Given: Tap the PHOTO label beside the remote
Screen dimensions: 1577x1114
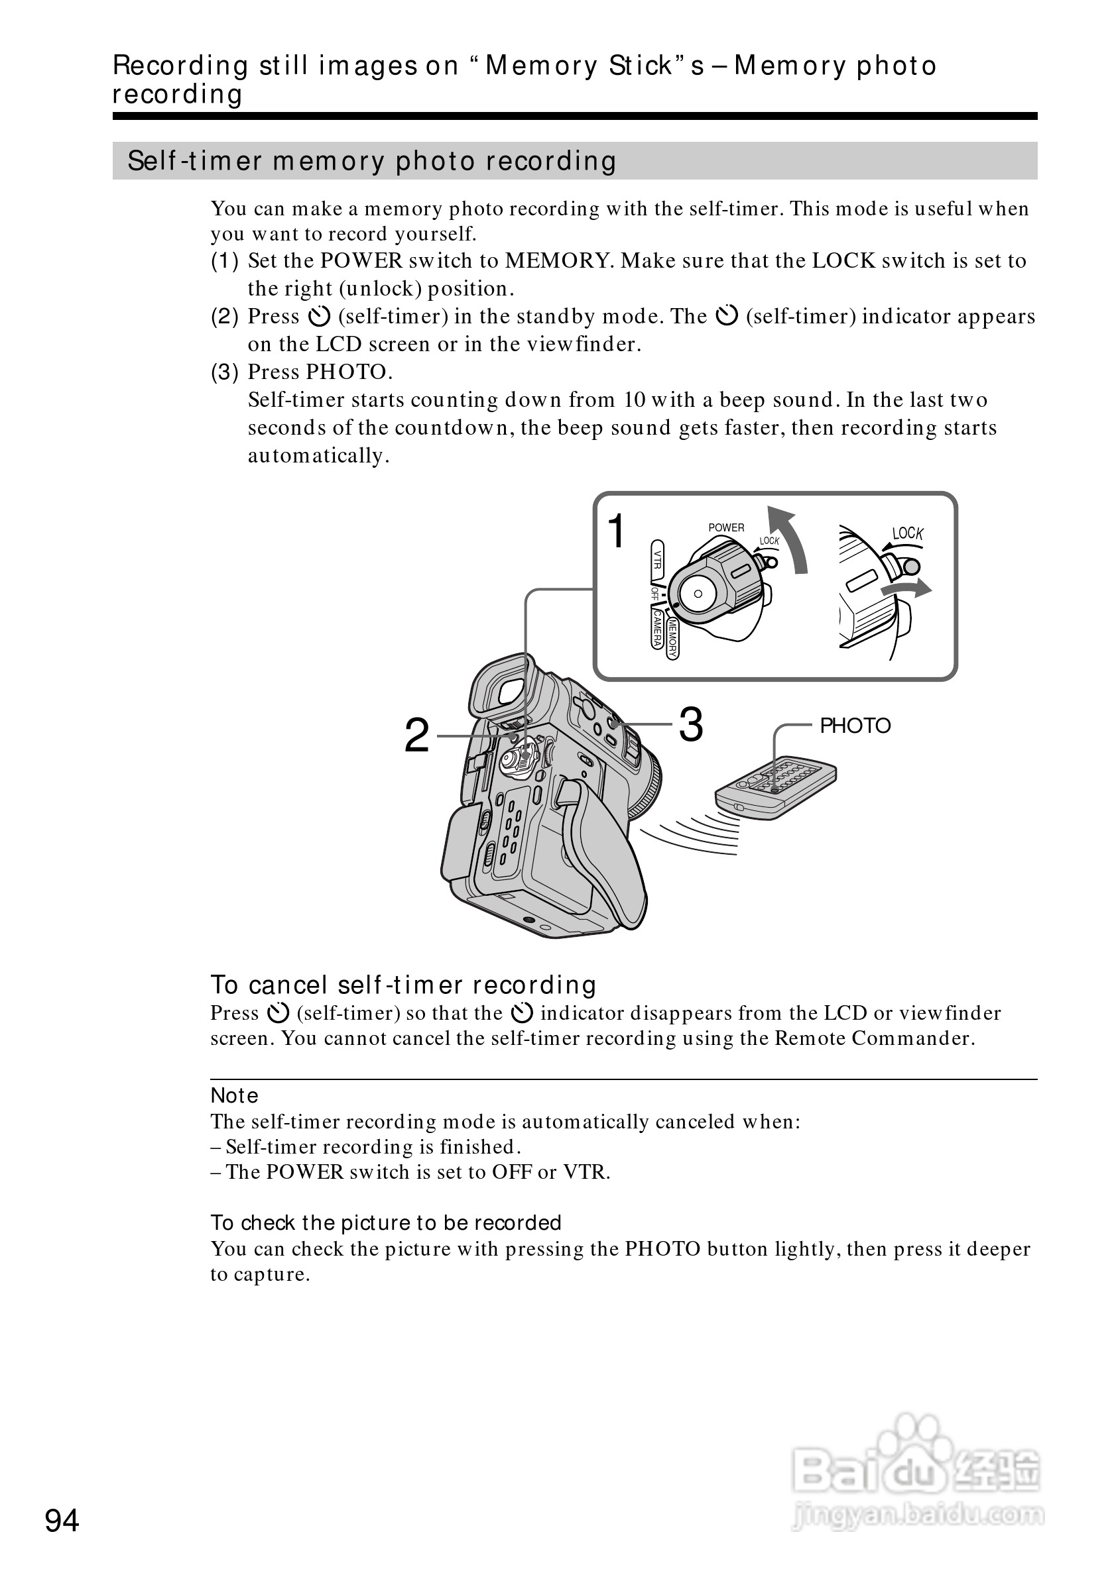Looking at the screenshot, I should (855, 726).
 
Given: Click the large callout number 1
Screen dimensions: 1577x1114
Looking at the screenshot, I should (617, 531).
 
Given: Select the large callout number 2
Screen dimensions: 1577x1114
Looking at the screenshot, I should (416, 735).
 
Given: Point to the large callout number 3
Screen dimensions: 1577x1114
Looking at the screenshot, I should (691, 725).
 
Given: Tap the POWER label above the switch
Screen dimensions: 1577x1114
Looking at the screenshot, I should (725, 527).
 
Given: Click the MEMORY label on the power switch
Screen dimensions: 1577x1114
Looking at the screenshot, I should (672, 639).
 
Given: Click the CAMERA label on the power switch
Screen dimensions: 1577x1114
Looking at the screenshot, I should (656, 628).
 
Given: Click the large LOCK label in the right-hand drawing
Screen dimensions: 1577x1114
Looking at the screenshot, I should (907, 533).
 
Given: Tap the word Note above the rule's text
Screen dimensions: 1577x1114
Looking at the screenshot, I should (234, 1095).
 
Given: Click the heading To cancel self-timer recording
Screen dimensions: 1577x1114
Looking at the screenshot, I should (403, 985).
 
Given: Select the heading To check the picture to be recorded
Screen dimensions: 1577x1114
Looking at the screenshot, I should (385, 1223).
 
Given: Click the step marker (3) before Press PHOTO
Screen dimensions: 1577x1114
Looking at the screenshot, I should (224, 372).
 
